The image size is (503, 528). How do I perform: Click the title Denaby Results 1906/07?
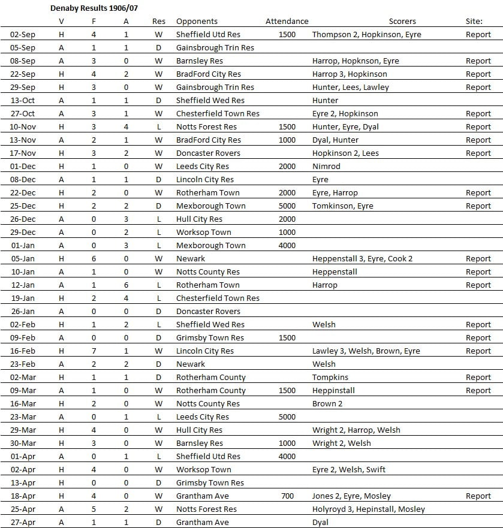[x=93, y=8]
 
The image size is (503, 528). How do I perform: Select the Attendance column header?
[x=287, y=22]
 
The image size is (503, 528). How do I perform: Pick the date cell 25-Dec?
[x=23, y=206]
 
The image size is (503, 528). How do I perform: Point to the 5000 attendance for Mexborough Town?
[x=287, y=206]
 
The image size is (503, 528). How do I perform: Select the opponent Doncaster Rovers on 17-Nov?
[x=208, y=153]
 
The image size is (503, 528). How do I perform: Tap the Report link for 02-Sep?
[x=478, y=35]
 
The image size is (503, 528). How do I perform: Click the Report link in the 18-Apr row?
[x=478, y=496]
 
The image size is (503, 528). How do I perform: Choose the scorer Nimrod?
[x=326, y=167]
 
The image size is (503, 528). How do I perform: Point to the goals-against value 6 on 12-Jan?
[x=126, y=285]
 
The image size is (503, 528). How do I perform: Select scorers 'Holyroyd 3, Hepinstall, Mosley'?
[x=368, y=509]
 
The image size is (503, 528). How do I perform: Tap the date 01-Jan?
[x=23, y=246]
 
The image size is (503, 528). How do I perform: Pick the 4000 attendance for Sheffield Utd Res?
[x=287, y=457]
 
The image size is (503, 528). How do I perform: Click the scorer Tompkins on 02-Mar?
[x=330, y=378]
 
